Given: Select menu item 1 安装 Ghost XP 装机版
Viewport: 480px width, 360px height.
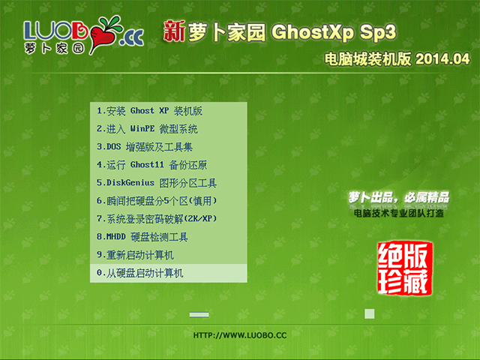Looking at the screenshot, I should [149, 111].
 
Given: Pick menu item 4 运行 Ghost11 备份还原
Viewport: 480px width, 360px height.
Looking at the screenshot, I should [151, 165].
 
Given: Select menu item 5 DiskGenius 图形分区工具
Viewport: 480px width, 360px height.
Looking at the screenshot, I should [157, 183].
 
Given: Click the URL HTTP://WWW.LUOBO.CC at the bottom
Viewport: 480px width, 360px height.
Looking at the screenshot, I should [240, 335].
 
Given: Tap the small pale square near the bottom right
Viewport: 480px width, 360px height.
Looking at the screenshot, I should [369, 313].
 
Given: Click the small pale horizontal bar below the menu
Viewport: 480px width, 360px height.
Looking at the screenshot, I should [199, 314].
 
